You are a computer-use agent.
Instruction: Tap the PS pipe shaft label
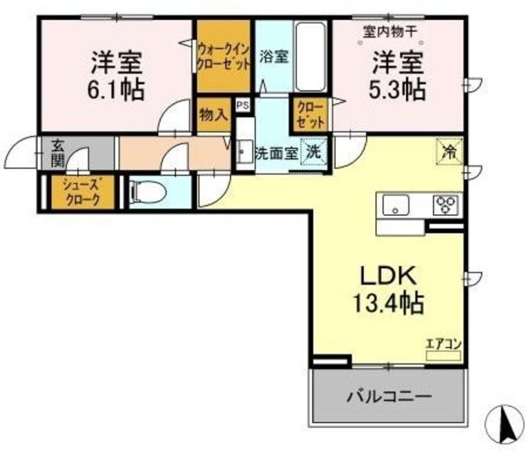[243, 106]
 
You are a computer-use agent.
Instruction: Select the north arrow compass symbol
[506, 424]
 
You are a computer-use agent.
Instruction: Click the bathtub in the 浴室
[310, 57]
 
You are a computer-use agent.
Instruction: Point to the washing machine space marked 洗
[313, 152]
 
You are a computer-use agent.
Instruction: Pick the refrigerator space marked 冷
[450, 152]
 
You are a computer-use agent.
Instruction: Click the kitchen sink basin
[396, 205]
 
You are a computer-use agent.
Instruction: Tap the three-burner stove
[445, 204]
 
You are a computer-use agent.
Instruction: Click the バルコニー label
[389, 397]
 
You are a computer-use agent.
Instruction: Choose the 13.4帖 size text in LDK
[388, 303]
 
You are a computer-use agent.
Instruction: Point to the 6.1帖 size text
[116, 90]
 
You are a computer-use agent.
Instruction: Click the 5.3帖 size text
[398, 90]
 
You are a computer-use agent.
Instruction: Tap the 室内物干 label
[390, 32]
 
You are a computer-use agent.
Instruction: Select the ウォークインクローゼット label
[224, 57]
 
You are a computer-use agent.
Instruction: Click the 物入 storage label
[214, 115]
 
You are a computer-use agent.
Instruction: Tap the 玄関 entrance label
[58, 154]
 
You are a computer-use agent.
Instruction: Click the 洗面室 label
[277, 153]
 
